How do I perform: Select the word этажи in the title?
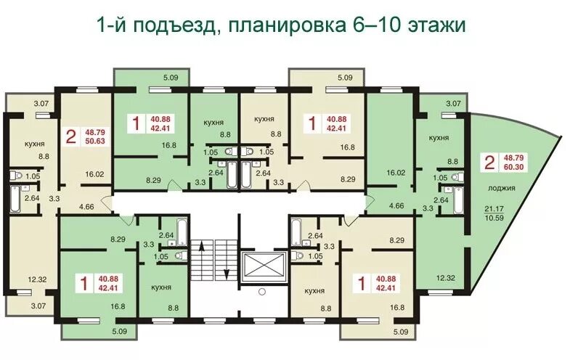[x=436, y=25]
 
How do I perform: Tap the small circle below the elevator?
[x=262, y=291]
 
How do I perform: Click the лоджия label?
[x=501, y=188]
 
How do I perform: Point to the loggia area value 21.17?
[x=494, y=209]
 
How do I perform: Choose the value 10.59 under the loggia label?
[x=494, y=218]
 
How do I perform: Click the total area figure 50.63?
[x=95, y=142]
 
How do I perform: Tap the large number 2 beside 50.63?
[x=71, y=137]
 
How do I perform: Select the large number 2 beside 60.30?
[x=489, y=163]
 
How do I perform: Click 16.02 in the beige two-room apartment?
[x=94, y=174]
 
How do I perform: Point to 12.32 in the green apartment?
[x=446, y=278]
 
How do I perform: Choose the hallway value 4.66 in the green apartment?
[x=396, y=205]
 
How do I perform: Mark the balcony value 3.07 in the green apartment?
[x=454, y=104]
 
